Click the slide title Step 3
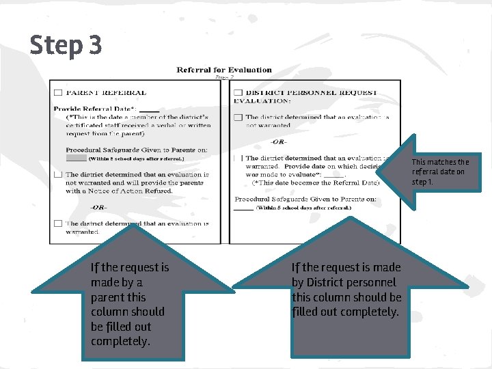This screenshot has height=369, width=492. pos(66,45)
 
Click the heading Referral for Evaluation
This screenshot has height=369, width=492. pos(224,70)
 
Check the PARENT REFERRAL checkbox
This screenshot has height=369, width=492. pos(58,92)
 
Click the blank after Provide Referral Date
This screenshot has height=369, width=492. pos(149,109)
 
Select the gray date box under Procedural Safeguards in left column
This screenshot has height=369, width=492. pos(76,158)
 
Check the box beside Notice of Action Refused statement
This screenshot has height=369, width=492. pos(58,174)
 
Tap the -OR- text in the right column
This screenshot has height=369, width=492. pos(278,141)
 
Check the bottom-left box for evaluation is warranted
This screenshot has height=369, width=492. pos(58,223)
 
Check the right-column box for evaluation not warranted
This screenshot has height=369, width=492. pos(237,118)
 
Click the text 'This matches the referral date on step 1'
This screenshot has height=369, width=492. pos(440,172)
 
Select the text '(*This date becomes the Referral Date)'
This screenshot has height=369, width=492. pos(315,182)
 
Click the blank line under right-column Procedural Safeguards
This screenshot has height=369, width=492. pos(243,208)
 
